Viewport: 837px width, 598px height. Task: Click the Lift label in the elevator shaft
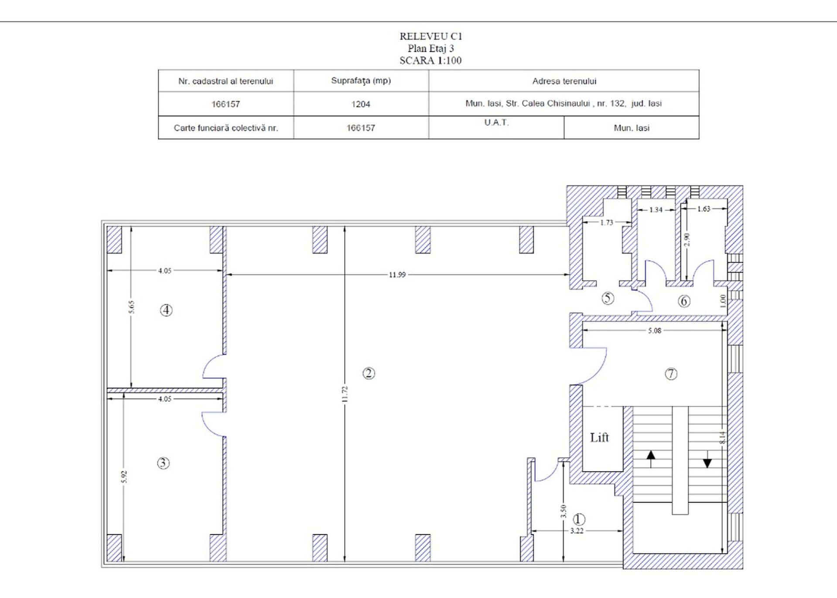coord(599,437)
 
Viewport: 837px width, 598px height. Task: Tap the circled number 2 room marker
coord(369,373)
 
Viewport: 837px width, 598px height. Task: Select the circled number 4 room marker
coord(166,310)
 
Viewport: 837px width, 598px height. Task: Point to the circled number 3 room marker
coord(163,463)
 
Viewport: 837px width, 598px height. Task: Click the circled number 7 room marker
coord(671,374)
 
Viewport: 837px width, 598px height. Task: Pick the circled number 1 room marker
coord(579,519)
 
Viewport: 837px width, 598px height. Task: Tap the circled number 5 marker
coord(608,298)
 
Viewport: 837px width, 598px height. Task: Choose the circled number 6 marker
coord(684,301)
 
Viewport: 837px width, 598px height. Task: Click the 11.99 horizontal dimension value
coord(397,275)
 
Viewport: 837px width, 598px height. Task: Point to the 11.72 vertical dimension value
coord(345,394)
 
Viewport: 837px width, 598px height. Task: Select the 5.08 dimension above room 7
coord(654,330)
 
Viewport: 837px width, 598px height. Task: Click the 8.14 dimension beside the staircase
coord(723,438)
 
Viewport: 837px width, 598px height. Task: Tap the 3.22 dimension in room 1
coord(577,530)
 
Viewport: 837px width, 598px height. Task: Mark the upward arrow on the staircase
coord(651,459)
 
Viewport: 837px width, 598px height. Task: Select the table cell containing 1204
coord(361,104)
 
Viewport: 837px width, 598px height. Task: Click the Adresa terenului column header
coord(564,81)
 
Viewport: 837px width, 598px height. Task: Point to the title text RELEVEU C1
coord(430,36)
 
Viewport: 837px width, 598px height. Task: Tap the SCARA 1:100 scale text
coord(430,60)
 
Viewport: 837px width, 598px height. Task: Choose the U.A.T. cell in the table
coord(496,122)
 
